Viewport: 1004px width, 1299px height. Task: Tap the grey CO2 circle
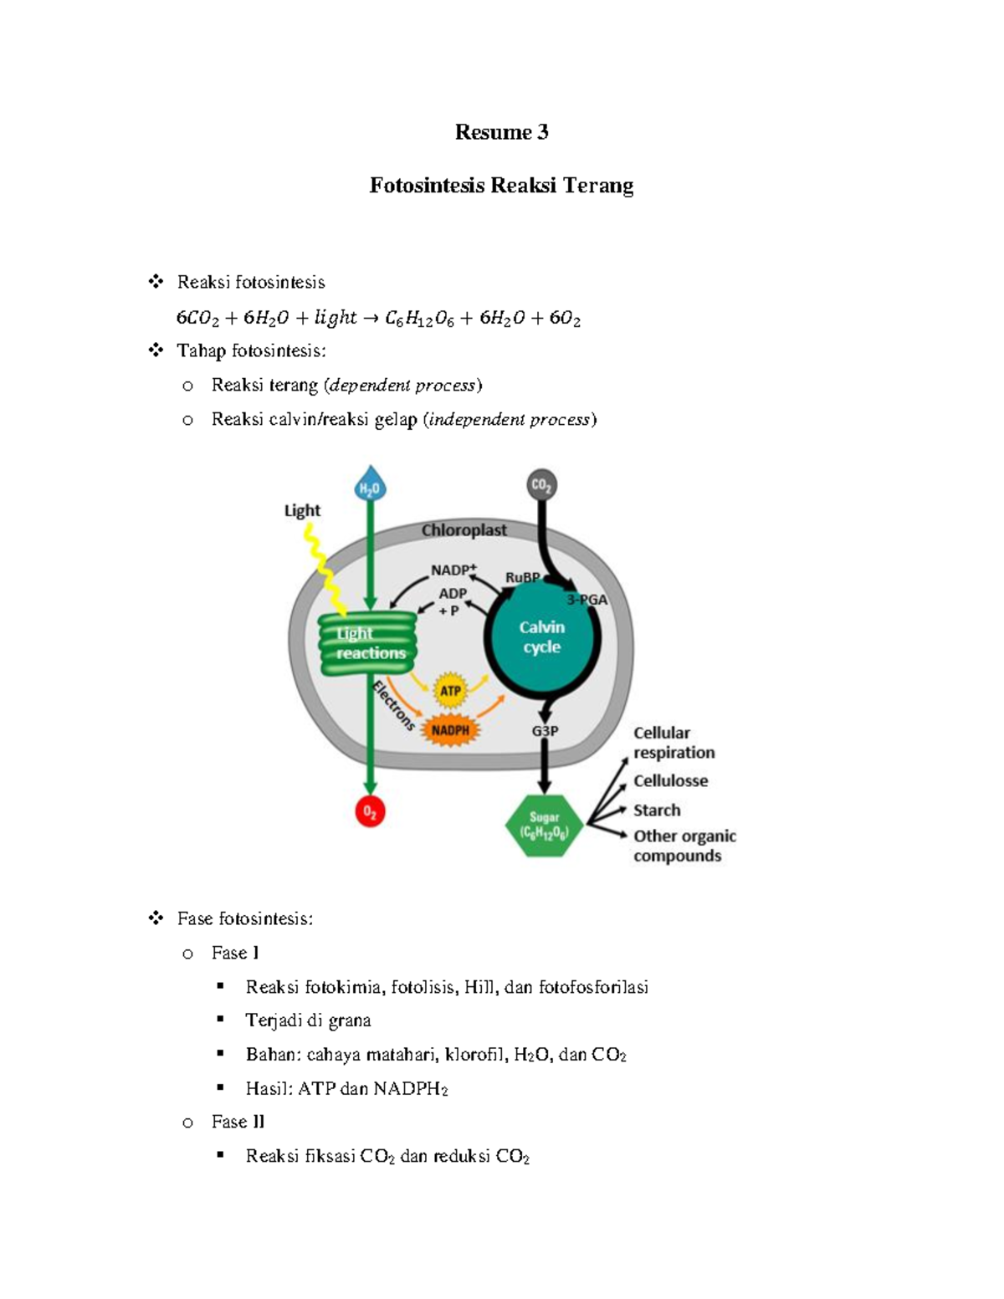(x=542, y=485)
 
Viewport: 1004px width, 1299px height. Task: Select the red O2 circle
(x=370, y=812)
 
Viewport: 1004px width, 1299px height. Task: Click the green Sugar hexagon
(x=544, y=826)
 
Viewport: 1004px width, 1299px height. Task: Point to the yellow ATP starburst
(x=450, y=691)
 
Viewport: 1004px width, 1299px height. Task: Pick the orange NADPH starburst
(x=450, y=730)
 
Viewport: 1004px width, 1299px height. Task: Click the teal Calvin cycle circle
(x=542, y=637)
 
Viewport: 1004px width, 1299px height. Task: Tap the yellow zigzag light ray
(x=325, y=569)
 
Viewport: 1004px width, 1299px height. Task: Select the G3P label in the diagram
(x=545, y=730)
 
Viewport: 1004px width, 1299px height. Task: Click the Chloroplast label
(x=464, y=530)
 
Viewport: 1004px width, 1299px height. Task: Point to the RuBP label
(x=523, y=577)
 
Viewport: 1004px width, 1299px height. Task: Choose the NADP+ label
(x=453, y=569)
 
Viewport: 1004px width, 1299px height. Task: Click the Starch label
(x=657, y=810)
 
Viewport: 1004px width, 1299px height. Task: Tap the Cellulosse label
(x=670, y=780)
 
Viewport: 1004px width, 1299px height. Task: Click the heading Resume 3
(x=502, y=131)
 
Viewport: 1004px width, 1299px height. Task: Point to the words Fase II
(x=238, y=1122)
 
